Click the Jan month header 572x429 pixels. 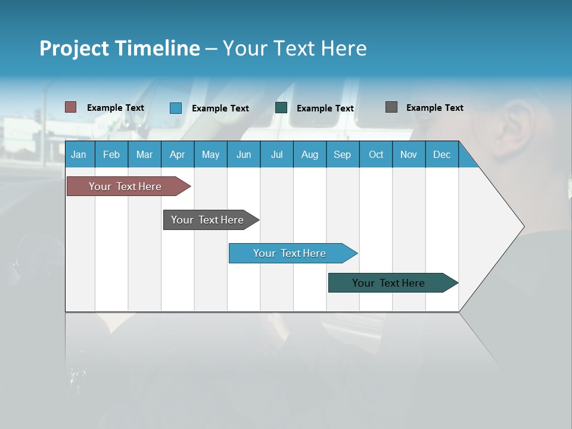[79, 154]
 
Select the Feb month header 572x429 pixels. [111, 154]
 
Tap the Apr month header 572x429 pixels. [177, 154]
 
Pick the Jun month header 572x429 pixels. [244, 154]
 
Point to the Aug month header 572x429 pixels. [309, 154]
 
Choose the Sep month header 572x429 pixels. [342, 154]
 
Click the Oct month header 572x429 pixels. [376, 154]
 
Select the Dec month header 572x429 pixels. [442, 154]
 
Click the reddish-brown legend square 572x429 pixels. [71, 107]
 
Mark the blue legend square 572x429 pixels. [176, 108]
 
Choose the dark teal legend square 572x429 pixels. [281, 108]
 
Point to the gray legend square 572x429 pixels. [391, 107]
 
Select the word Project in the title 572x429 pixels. [74, 48]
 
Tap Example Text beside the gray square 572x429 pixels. [434, 108]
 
